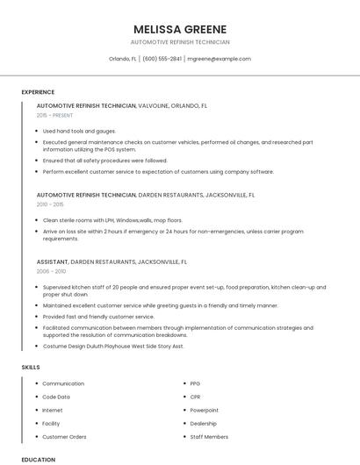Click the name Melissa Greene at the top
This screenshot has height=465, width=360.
tap(180, 29)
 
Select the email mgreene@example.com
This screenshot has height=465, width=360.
tap(220, 59)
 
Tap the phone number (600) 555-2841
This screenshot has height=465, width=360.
tap(162, 59)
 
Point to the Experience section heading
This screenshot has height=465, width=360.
tap(38, 92)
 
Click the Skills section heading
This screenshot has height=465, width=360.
tap(30, 366)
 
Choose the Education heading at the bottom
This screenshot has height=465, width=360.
tap(38, 459)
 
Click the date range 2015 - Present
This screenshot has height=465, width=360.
tap(54, 115)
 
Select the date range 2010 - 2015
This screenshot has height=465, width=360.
tap(50, 204)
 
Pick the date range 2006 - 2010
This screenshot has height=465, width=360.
tap(50, 272)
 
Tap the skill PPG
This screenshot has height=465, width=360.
tap(196, 383)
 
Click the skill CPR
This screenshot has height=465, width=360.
tap(196, 397)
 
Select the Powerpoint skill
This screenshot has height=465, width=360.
tap(204, 410)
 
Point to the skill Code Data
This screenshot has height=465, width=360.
tap(56, 397)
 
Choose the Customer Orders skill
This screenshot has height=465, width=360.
tap(64, 436)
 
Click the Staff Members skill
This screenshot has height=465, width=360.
tap(209, 436)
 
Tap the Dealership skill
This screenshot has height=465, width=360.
tap(204, 423)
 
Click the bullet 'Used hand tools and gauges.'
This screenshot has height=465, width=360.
tap(79, 131)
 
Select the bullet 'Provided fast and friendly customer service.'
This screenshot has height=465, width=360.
tap(98, 316)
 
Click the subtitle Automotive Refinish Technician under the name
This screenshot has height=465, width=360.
tap(180, 42)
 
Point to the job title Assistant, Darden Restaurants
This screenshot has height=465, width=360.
tap(112, 261)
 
